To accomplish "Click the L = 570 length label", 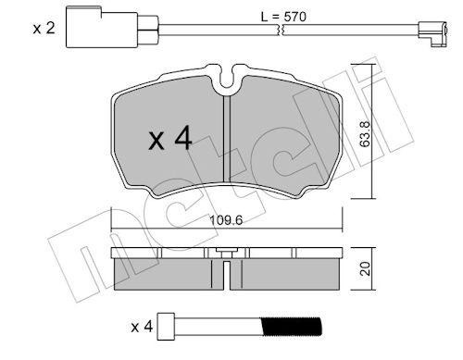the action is tap(283, 17).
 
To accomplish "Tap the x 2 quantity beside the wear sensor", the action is tap(44, 29).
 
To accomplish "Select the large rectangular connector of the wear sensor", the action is tap(102, 28).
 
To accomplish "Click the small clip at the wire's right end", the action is tap(432, 34).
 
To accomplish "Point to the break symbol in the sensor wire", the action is tap(282, 30).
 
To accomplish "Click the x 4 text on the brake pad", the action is tap(170, 140).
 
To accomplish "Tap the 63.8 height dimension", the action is tap(366, 133).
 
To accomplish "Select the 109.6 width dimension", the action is tap(226, 220).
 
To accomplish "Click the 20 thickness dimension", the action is tap(366, 268).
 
